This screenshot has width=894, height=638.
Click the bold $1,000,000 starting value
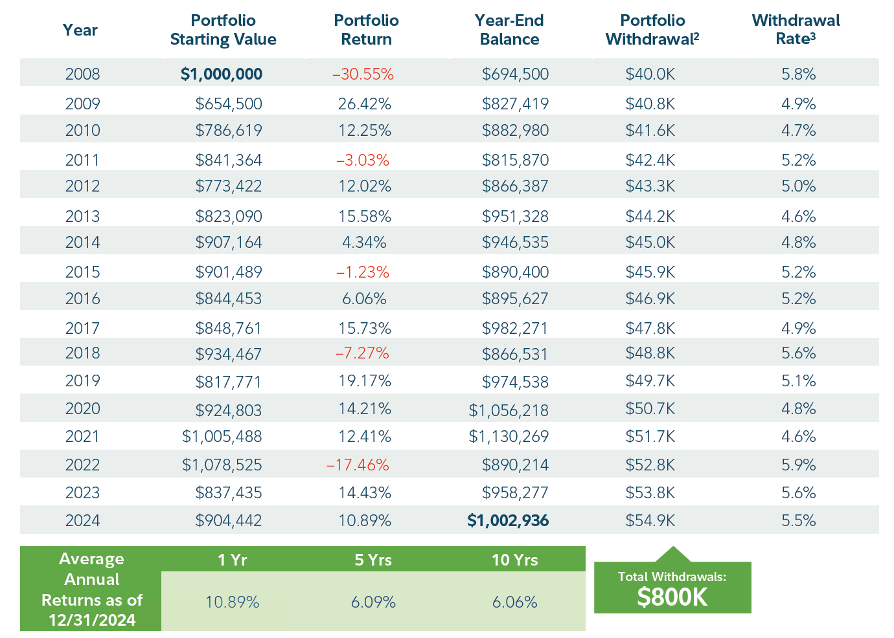point(222,74)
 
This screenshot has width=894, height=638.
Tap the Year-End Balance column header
point(509,30)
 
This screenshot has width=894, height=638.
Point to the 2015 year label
point(82,272)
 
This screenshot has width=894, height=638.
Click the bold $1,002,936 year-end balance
point(508,521)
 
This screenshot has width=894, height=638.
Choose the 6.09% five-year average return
point(373,602)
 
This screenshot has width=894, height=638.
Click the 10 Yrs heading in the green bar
point(514,560)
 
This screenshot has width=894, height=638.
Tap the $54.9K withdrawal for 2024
point(650,521)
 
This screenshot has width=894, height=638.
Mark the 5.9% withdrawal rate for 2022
point(798,465)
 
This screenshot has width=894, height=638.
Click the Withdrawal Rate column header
point(796,30)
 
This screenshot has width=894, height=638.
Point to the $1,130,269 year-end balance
point(509,437)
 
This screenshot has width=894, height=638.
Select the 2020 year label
point(82,409)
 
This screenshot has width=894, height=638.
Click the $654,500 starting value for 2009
point(229,104)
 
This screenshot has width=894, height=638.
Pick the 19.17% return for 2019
point(365,381)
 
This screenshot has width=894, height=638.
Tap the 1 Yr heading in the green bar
point(232,560)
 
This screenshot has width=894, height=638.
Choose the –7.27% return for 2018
point(362,353)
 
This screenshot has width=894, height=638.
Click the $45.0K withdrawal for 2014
point(650,243)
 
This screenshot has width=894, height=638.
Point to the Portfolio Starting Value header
point(223,30)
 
